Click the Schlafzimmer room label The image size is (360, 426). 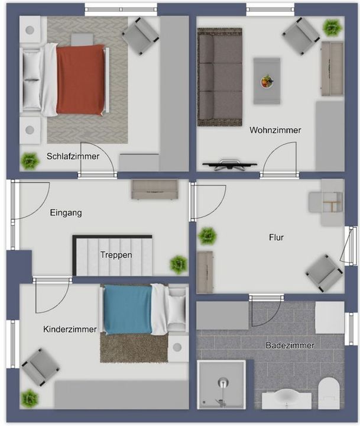73,156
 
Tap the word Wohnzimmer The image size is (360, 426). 275,130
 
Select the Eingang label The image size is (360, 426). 66,213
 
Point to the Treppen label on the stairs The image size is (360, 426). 116,255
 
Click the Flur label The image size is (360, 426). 277,237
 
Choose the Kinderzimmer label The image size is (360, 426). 70,330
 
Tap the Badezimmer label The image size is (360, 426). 290,346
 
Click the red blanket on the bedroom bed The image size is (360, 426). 80,79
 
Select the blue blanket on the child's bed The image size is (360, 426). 128,309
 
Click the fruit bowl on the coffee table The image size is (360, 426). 267,81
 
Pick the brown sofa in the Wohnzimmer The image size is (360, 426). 220,77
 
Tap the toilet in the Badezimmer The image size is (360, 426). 329,393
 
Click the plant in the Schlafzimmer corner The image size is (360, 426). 30,161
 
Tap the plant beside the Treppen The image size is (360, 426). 179,264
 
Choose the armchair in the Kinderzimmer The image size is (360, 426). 41,367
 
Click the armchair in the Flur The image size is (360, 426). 324,273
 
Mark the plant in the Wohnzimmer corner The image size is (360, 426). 332,28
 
